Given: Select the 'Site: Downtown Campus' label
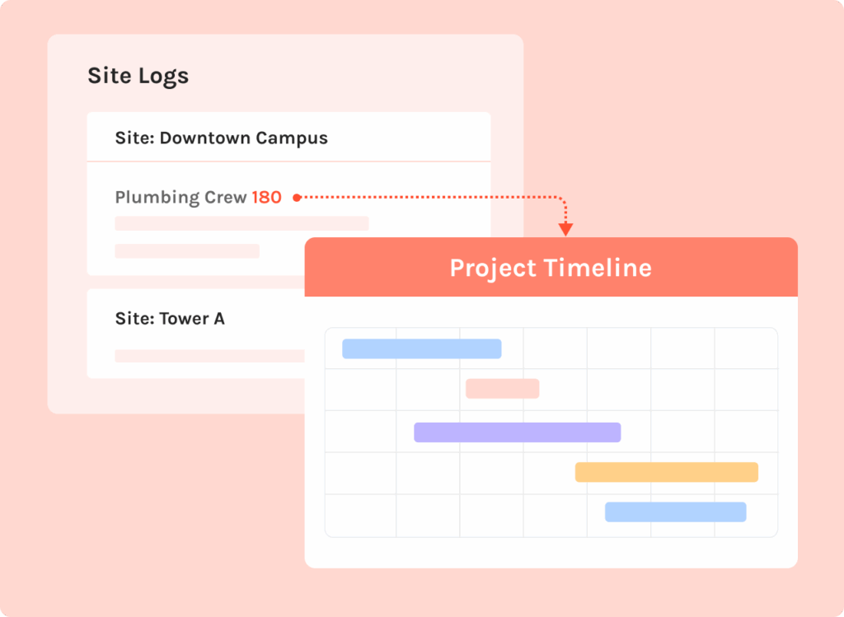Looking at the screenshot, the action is [x=221, y=138].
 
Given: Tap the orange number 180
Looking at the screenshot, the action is [x=266, y=198].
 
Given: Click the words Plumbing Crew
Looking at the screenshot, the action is [x=181, y=198].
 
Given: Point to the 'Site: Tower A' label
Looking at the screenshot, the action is [x=170, y=319].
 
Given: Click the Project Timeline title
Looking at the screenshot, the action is [x=551, y=268].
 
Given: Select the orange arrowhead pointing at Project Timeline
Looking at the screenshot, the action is [x=565, y=229].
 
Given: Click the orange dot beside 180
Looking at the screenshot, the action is [x=297, y=198].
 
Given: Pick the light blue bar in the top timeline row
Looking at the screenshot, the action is [x=422, y=348].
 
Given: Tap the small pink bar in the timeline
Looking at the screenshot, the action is [x=503, y=388].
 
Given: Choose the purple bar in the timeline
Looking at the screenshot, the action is [x=518, y=432].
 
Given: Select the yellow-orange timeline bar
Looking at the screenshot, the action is [x=667, y=472].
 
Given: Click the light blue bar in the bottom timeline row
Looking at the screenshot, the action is [x=676, y=512].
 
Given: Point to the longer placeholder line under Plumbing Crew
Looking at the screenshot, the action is [x=241, y=223].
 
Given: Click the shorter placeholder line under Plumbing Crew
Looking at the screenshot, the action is [x=187, y=250].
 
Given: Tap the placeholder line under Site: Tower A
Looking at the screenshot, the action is [x=210, y=356].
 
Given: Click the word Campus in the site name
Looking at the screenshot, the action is [x=292, y=138].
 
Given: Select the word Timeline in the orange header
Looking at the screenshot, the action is [x=598, y=268].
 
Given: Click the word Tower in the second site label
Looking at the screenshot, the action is [x=184, y=319].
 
